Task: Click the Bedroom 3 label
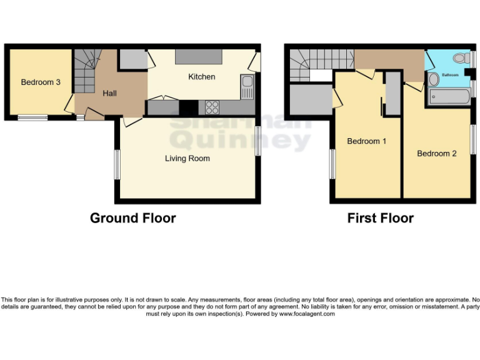[41, 82]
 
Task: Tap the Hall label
[110, 93]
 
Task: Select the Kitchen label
[202, 77]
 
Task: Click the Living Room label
[187, 159]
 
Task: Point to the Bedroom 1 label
[366, 141]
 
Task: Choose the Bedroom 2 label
[437, 154]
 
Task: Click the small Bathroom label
[450, 75]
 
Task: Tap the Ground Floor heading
[132, 218]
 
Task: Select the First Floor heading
[380, 218]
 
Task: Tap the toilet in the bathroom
[461, 59]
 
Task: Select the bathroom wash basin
[432, 80]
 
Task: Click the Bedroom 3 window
[32, 117]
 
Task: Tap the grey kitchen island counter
[199, 57]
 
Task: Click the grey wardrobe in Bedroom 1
[392, 93]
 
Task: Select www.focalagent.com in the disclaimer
[307, 314]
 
